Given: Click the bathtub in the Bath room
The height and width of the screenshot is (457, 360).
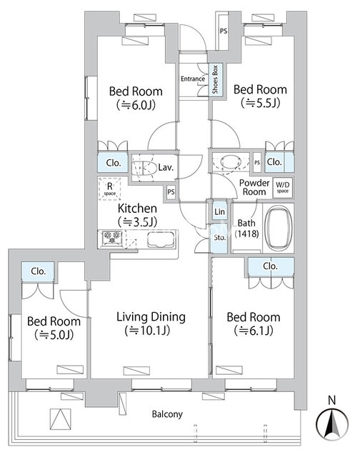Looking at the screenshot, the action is click(279, 228).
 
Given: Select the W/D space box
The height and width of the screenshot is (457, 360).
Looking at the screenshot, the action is click(282, 187).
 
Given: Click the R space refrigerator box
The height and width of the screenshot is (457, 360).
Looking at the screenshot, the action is click(109, 189).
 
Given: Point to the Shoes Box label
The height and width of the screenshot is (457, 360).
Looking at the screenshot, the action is click(215, 79).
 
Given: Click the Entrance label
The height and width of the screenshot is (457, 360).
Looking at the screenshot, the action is click(193, 79).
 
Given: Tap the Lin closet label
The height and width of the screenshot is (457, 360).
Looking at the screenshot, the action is click(219, 211).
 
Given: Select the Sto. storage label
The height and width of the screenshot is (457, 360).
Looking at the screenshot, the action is click(220, 238).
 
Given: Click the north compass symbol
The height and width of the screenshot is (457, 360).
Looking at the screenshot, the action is click(332, 419).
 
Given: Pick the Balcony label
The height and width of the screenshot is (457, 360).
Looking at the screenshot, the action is click(167, 414).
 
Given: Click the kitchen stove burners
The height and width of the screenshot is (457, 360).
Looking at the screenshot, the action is click(112, 236).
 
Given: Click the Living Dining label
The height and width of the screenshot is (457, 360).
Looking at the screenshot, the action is click(151, 317).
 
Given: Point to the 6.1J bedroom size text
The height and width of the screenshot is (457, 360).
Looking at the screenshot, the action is click(254, 331).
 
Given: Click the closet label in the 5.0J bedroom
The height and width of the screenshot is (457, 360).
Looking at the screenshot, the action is click(38, 271).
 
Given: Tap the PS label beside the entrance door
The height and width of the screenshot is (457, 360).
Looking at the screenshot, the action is click(224, 31).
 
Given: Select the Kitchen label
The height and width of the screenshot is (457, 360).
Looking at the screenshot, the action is click(137, 209).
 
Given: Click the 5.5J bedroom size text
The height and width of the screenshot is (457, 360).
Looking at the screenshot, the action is click(260, 103).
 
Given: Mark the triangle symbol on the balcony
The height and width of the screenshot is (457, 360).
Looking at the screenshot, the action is click(60, 419).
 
